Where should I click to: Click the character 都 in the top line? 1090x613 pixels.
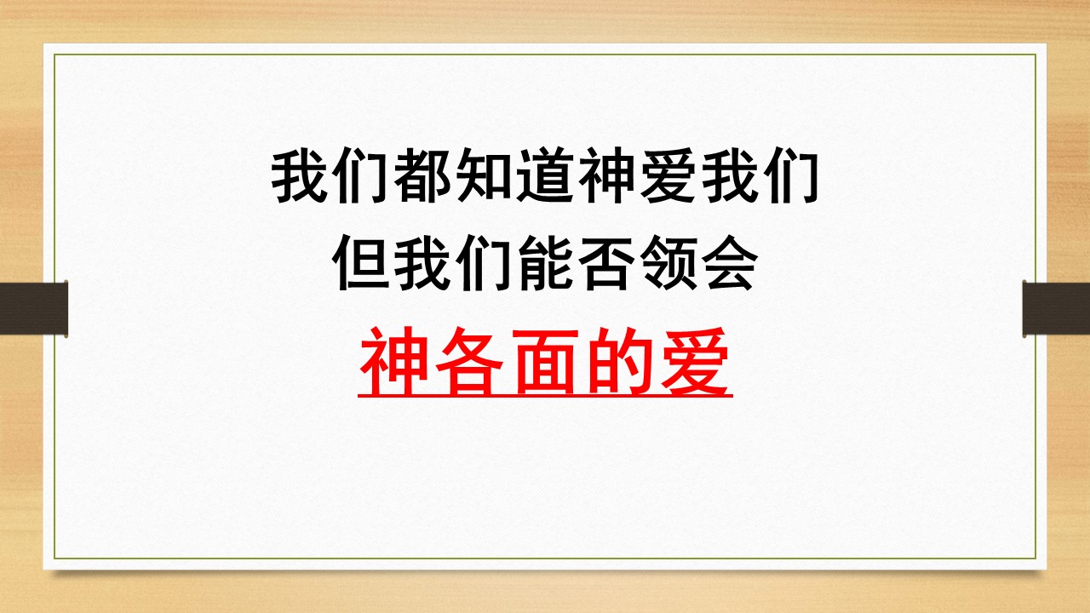[x=422, y=178]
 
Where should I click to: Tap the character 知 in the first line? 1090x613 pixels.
[x=484, y=178]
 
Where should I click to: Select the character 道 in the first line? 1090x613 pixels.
[x=545, y=178]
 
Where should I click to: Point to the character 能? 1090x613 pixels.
[x=545, y=264]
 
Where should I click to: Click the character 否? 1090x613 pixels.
[x=606, y=264]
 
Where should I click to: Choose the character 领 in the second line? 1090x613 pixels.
[x=668, y=264]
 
